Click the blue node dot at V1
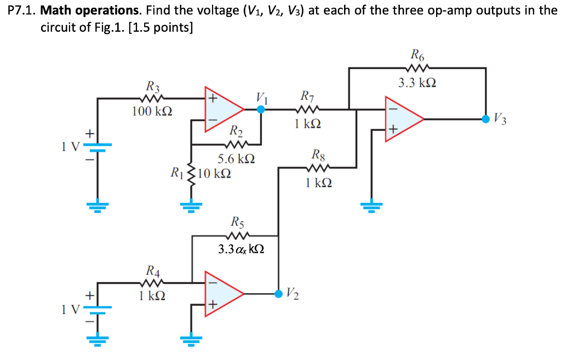261,109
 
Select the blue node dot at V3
485,118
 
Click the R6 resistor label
417,55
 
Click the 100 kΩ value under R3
152,112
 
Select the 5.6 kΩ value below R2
236,159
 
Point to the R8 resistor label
318,154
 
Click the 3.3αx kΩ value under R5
241,249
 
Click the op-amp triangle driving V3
404,119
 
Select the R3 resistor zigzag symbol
153,99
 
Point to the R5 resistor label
238,223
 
